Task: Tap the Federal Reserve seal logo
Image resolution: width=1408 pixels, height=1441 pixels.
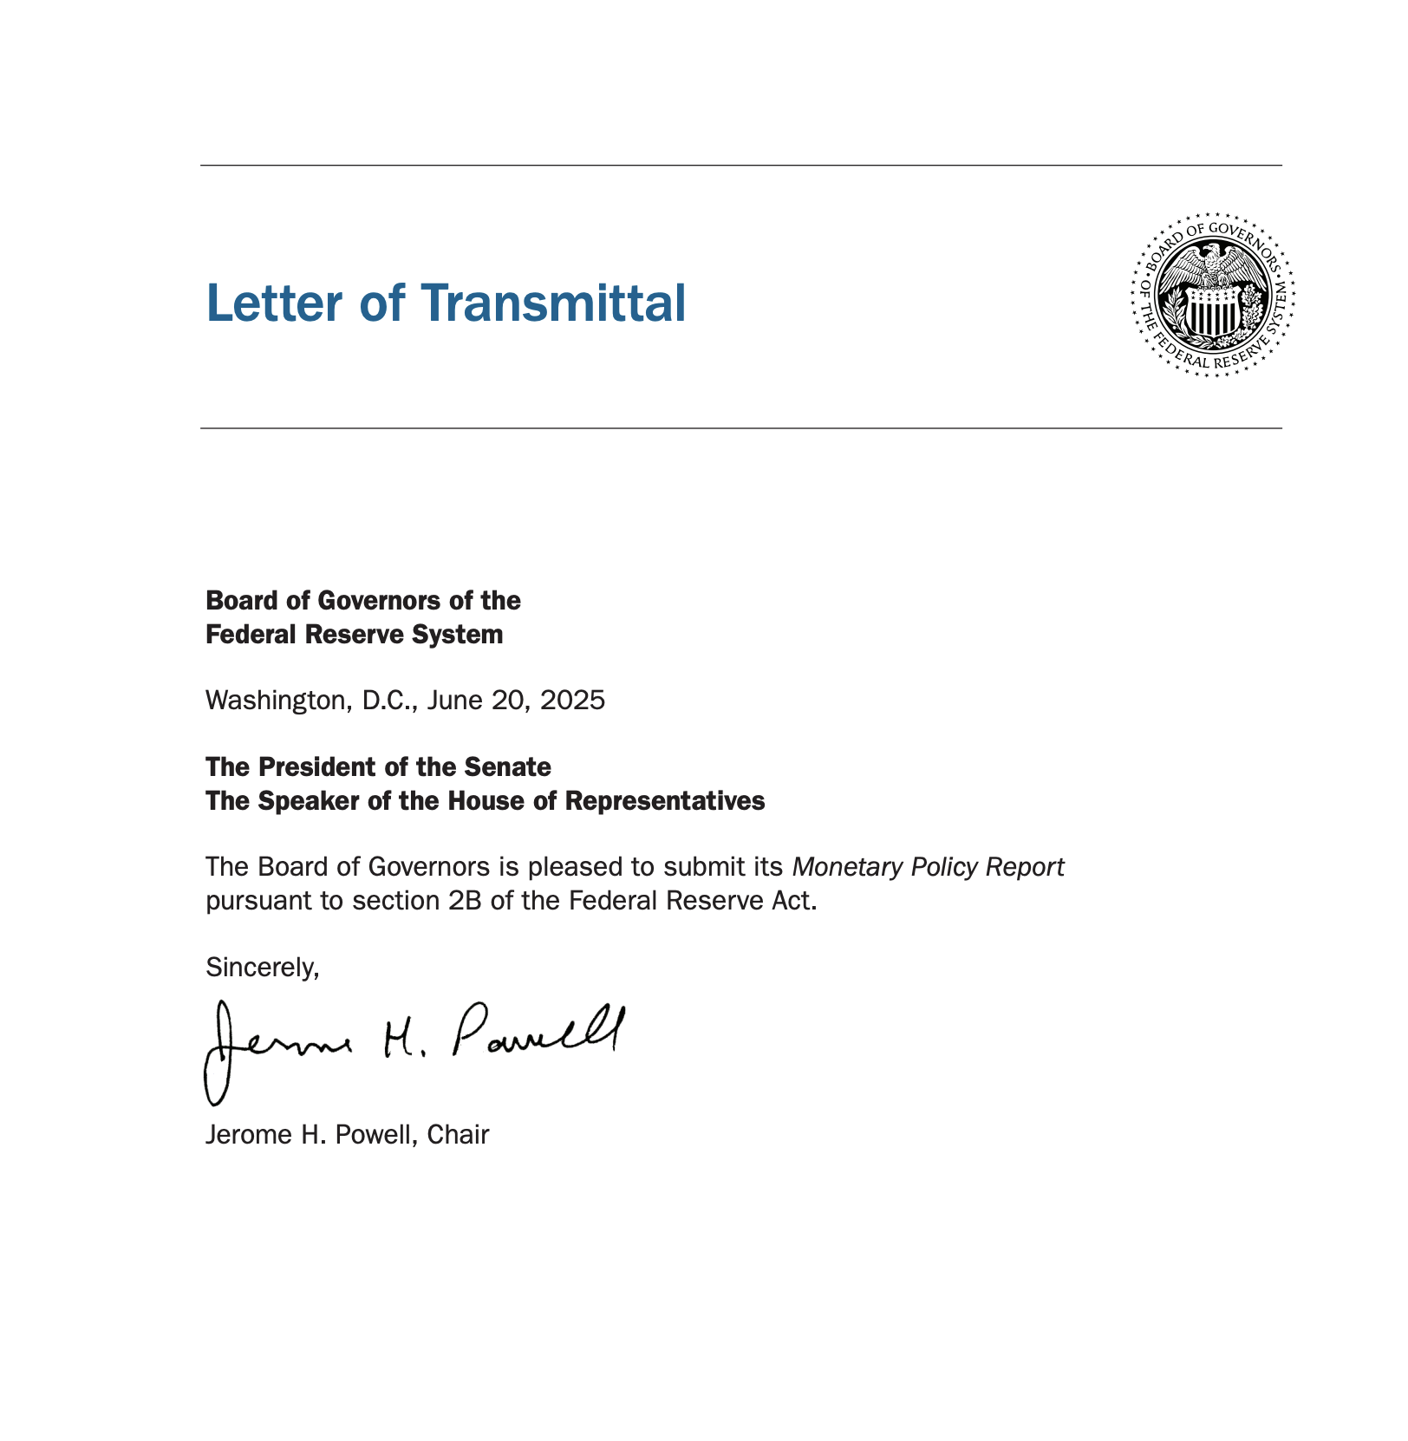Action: [x=1213, y=294]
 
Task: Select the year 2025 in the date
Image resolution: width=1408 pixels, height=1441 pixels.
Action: [x=572, y=701]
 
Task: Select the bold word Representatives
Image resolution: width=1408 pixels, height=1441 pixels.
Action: [x=665, y=801]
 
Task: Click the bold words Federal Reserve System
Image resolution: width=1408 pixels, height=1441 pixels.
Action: [x=354, y=635]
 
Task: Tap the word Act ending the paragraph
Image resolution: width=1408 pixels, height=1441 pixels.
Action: [x=796, y=901]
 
